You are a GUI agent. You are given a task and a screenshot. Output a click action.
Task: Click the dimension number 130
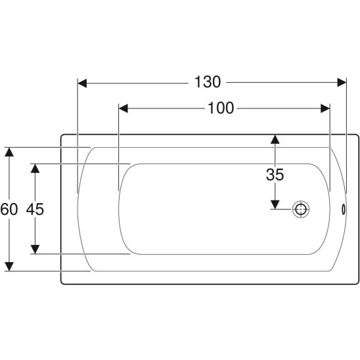click(x=208, y=82)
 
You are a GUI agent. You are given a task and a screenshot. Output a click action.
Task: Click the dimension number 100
click(x=221, y=108)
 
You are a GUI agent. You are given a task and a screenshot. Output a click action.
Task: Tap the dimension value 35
click(x=275, y=175)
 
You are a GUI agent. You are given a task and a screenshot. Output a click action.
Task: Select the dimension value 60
click(x=9, y=209)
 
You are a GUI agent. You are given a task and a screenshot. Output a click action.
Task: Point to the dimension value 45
click(x=35, y=209)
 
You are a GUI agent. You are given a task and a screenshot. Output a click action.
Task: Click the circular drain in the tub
click(x=301, y=209)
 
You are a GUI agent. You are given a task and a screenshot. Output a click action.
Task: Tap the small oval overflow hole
click(x=344, y=209)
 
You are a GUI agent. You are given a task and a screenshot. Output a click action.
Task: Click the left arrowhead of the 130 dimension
click(x=82, y=83)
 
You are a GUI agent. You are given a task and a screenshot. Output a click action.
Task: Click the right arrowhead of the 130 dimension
click(x=342, y=82)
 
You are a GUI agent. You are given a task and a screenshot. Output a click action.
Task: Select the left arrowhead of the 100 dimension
click(x=124, y=108)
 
